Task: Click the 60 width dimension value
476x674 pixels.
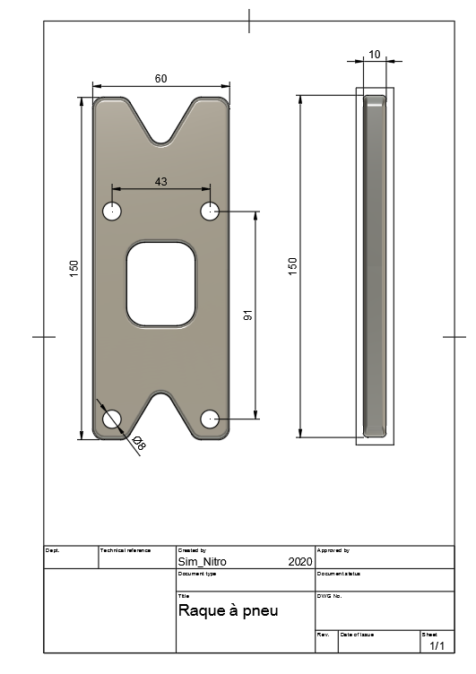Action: (160, 79)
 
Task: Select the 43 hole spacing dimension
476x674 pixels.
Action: (160, 182)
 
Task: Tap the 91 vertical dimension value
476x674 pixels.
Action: (248, 315)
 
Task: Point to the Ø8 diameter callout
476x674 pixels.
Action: (139, 443)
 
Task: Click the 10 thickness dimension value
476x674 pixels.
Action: (375, 55)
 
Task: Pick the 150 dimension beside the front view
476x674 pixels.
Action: (74, 269)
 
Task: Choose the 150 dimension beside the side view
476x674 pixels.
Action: (292, 266)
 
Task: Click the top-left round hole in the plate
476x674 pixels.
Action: (112, 212)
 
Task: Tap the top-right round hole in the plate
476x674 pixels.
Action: (211, 212)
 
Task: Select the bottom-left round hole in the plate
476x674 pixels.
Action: (112, 419)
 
